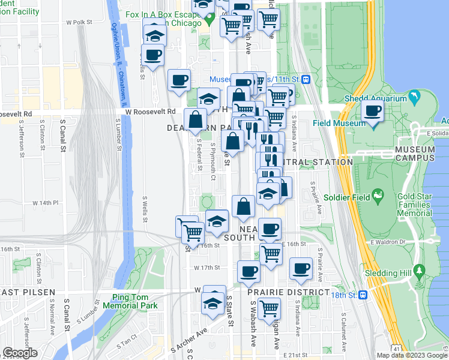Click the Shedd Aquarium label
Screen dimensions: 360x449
tap(376, 98)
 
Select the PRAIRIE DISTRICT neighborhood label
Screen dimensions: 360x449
tap(289, 292)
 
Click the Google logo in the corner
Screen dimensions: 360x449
tap(20, 353)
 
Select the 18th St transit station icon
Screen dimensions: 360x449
tap(363, 295)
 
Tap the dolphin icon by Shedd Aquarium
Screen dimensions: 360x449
tap(414, 98)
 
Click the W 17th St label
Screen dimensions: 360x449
tap(205, 267)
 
